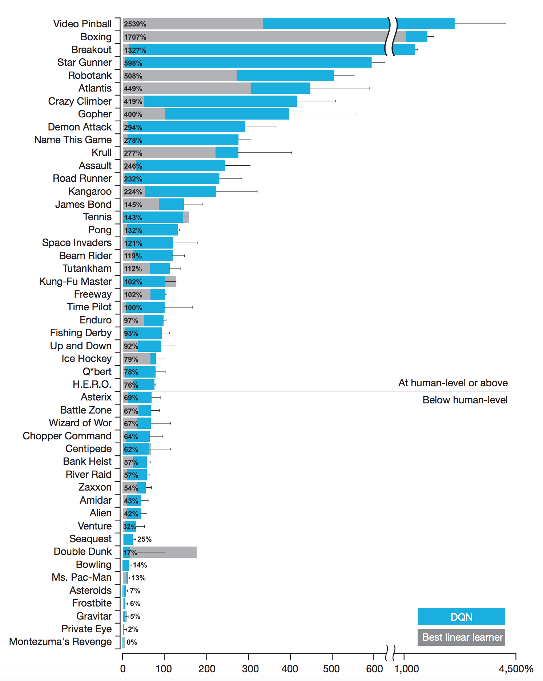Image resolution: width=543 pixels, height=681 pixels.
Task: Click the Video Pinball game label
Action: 82,24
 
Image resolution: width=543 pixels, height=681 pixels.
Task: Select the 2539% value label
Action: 135,24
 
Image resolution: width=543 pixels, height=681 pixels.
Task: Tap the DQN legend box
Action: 461,617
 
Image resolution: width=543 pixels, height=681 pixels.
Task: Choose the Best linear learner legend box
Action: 461,637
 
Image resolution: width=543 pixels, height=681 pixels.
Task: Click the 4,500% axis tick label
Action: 516,669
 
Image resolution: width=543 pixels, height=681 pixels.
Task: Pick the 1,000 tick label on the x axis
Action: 406,669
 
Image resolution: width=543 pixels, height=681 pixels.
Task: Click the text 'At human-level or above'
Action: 453,383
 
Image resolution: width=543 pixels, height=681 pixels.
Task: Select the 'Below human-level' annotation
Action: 464,400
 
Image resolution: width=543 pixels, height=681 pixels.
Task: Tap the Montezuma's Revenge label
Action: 60,642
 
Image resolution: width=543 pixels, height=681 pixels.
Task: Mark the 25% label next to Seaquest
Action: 144,539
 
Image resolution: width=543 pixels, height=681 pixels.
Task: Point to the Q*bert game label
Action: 97,372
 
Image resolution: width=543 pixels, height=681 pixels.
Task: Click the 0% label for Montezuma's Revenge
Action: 132,642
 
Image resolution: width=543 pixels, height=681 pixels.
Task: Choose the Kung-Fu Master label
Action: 75,282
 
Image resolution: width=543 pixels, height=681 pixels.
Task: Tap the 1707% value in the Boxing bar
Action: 135,37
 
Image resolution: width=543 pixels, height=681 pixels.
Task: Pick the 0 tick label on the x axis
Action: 123,669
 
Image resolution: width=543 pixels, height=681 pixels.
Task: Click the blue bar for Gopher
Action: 227,114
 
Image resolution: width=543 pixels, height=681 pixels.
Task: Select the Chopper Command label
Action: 67,436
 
